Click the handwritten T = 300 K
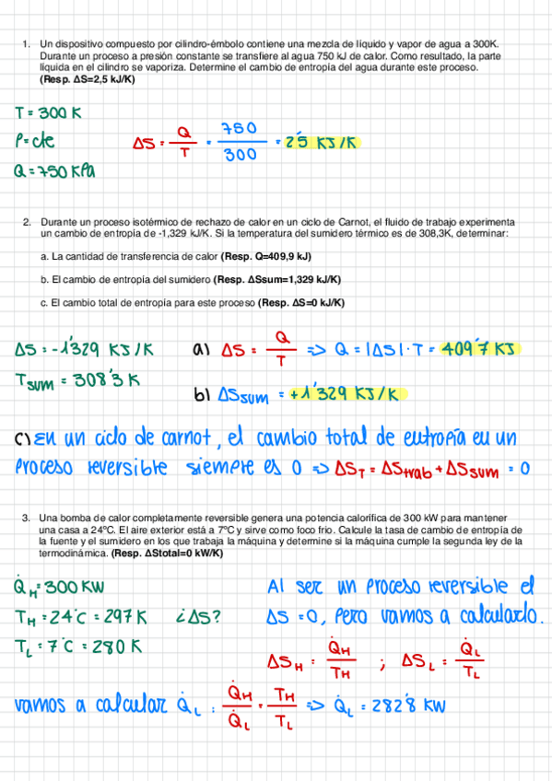click(x=48, y=113)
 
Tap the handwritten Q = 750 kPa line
click(x=54, y=171)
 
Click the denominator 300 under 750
click(x=240, y=156)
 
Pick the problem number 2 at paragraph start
click(x=28, y=222)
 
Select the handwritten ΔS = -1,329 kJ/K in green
click(x=84, y=350)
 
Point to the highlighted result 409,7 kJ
click(x=480, y=350)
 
